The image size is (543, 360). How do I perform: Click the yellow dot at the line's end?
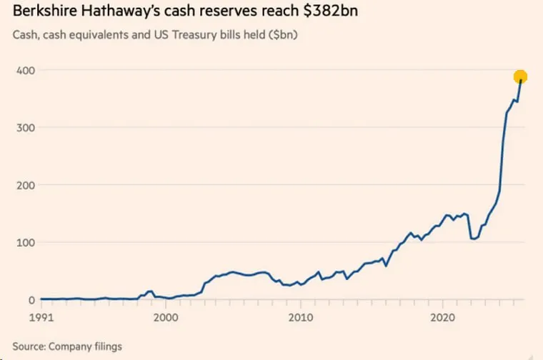(x=520, y=77)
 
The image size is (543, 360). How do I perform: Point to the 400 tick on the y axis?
(x=27, y=70)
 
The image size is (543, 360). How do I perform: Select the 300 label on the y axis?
(x=27, y=127)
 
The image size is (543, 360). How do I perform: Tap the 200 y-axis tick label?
(x=27, y=185)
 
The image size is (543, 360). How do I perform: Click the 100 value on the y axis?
(x=27, y=242)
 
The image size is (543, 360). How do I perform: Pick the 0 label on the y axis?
(x=32, y=300)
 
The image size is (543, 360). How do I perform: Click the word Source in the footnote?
(x=29, y=346)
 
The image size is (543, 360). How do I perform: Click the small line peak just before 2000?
(x=150, y=291)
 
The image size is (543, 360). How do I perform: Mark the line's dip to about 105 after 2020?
(x=474, y=239)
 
